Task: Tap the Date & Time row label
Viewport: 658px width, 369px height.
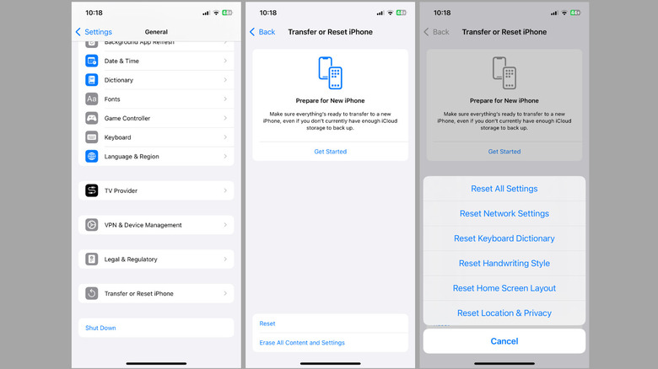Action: [121, 61]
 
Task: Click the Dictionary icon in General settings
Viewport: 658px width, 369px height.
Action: [91, 80]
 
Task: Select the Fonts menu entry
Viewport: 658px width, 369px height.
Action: [112, 99]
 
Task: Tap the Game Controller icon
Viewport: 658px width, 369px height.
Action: [91, 118]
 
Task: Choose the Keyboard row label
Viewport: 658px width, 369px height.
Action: [117, 137]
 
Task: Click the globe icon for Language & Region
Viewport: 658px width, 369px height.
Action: [91, 157]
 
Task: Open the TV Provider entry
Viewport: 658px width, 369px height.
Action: [121, 190]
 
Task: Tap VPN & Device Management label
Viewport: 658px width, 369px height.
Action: [143, 225]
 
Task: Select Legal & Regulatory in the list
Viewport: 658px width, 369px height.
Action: [131, 259]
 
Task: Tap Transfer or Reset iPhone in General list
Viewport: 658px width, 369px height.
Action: [138, 293]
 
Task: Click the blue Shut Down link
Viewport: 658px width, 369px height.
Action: [100, 328]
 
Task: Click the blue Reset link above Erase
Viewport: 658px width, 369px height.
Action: [267, 324]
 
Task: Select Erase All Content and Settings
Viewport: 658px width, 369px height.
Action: [302, 343]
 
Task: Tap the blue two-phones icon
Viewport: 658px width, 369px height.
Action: [330, 73]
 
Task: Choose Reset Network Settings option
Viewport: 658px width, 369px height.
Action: [504, 213]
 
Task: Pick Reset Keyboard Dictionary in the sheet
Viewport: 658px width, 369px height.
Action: [504, 238]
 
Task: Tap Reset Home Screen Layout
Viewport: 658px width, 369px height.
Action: [504, 288]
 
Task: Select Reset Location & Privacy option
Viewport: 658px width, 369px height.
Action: [504, 313]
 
